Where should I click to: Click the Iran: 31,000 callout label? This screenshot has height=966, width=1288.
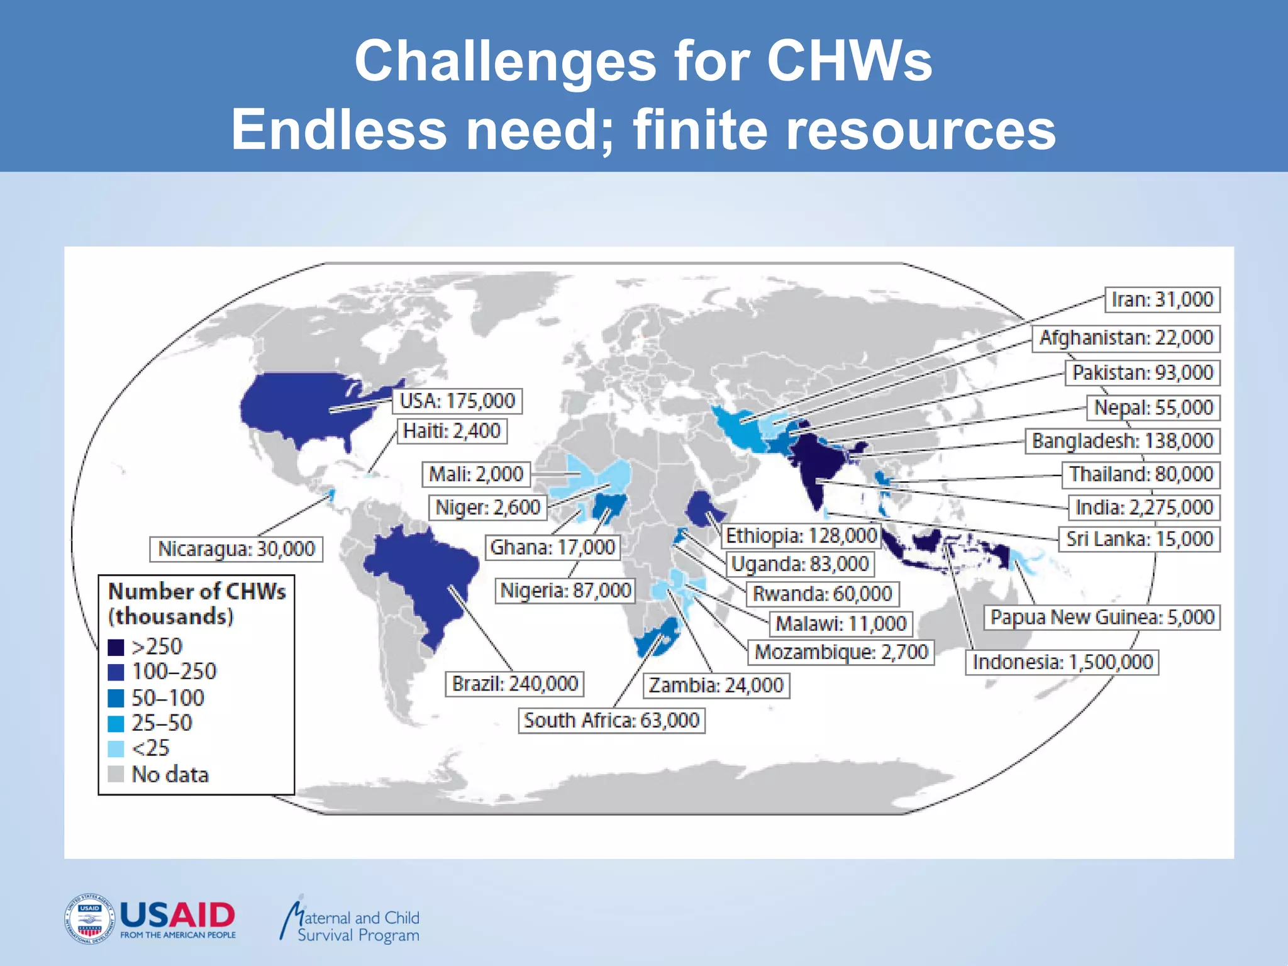pyautogui.click(x=1162, y=299)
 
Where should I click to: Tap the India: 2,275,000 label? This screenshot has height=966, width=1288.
pyautogui.click(x=1144, y=507)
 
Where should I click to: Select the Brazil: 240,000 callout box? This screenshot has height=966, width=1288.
pyautogui.click(x=515, y=684)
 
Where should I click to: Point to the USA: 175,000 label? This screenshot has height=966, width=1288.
pyautogui.click(x=457, y=401)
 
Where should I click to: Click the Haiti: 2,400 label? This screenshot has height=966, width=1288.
pyautogui.click(x=452, y=431)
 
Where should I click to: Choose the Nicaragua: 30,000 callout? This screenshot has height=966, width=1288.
pyautogui.click(x=236, y=549)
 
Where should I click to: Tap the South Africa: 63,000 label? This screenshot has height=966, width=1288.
pyautogui.click(x=611, y=720)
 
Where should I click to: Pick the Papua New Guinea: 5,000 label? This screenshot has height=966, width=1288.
pyautogui.click(x=1102, y=617)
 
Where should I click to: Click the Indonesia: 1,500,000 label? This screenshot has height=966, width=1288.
pyautogui.click(x=1062, y=662)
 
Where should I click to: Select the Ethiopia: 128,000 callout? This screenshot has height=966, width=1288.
pyautogui.click(x=801, y=536)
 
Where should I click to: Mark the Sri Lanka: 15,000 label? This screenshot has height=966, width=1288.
pyautogui.click(x=1139, y=539)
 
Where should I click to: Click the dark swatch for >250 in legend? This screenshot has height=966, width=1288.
pyautogui.click(x=116, y=647)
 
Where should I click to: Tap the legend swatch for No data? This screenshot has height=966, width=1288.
pyautogui.click(x=116, y=774)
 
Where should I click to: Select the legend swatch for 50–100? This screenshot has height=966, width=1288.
pyautogui.click(x=116, y=698)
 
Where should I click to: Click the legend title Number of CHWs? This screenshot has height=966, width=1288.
pyautogui.click(x=197, y=592)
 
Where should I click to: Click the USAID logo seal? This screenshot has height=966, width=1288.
pyautogui.click(x=89, y=919)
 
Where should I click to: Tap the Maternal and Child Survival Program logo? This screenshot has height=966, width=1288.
pyautogui.click(x=350, y=923)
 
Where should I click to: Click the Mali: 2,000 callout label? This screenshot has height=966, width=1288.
pyautogui.click(x=475, y=474)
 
